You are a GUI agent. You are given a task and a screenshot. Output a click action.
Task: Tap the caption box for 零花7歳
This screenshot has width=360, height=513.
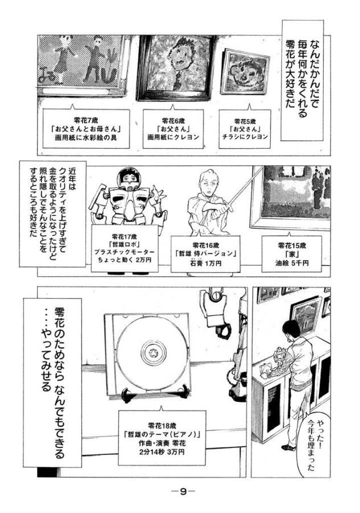click(x=86, y=129)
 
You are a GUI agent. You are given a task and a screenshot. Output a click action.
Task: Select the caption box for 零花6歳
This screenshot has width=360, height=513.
click(x=173, y=129)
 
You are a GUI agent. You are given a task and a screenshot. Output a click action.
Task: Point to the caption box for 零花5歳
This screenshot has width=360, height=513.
click(x=245, y=129)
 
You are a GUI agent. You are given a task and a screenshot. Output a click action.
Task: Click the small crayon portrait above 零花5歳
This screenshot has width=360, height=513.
click(x=246, y=72)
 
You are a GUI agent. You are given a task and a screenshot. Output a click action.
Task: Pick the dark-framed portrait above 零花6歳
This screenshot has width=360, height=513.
click(x=175, y=67)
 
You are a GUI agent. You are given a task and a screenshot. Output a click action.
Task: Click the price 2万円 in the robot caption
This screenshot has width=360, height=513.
click(x=144, y=260)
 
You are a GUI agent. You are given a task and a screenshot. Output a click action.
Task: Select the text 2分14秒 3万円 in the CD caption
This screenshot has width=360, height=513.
click(x=162, y=452)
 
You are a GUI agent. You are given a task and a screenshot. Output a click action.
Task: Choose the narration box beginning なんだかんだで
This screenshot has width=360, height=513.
click(x=302, y=80)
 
